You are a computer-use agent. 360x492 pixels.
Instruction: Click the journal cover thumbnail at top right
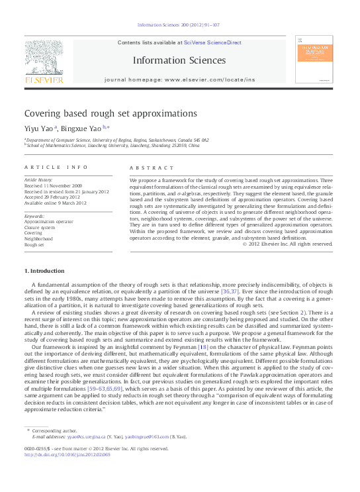coord(314,60)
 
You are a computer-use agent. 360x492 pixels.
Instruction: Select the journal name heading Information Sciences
coord(179,60)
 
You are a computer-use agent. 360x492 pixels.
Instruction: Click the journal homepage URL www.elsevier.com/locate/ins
coord(209,79)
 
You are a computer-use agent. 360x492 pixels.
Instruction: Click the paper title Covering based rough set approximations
coord(111,113)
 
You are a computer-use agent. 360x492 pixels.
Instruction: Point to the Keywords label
coord(34,216)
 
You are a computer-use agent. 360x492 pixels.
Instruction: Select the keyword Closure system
coord(42,227)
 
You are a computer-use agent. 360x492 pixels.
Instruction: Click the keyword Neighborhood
coord(40,238)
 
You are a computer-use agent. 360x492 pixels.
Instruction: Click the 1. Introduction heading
coord(44,271)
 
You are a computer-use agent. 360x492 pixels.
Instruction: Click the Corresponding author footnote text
coord(52,430)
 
